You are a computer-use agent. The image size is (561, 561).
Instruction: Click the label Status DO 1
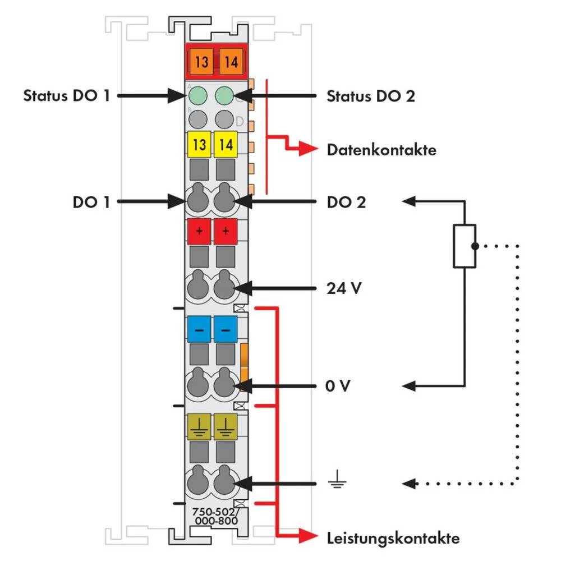(66, 95)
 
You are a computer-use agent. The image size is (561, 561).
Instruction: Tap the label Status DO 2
(371, 96)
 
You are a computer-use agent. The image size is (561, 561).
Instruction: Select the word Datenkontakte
(381, 150)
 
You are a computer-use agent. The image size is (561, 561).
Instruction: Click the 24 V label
(343, 289)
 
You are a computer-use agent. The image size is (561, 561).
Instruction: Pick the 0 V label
(339, 386)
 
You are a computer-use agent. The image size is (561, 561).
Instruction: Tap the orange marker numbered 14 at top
(230, 61)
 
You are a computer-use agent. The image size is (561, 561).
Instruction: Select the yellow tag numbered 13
(199, 145)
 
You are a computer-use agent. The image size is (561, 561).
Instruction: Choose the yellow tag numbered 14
(226, 145)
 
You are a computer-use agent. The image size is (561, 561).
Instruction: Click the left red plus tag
(199, 231)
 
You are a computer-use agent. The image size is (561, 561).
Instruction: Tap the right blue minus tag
(226, 330)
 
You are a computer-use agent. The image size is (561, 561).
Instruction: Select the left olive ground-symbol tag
(199, 425)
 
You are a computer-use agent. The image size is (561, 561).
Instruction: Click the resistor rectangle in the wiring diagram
(465, 246)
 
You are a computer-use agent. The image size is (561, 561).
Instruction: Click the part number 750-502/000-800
(214, 516)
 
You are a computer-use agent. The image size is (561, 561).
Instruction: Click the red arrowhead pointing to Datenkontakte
(307, 149)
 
